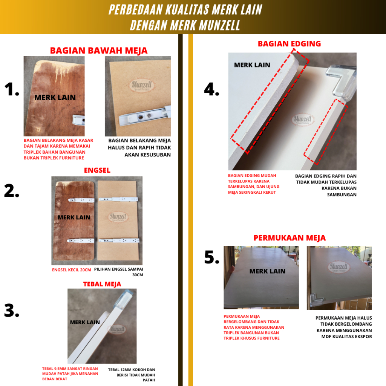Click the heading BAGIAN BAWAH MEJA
(x=99, y=51)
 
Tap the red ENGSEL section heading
(x=97, y=170)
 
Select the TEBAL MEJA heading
(x=102, y=284)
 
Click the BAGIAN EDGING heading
(x=289, y=44)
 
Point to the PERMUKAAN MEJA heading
(x=289, y=238)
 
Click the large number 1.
(x=12, y=89)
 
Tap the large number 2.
(x=12, y=191)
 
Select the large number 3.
(x=12, y=311)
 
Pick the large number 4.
(x=211, y=89)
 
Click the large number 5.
(x=212, y=257)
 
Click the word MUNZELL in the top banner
(x=219, y=25)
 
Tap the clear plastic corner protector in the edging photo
(x=342, y=81)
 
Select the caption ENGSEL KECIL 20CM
(x=71, y=270)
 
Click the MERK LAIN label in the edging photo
(x=252, y=65)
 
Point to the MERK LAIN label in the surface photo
(x=267, y=271)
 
